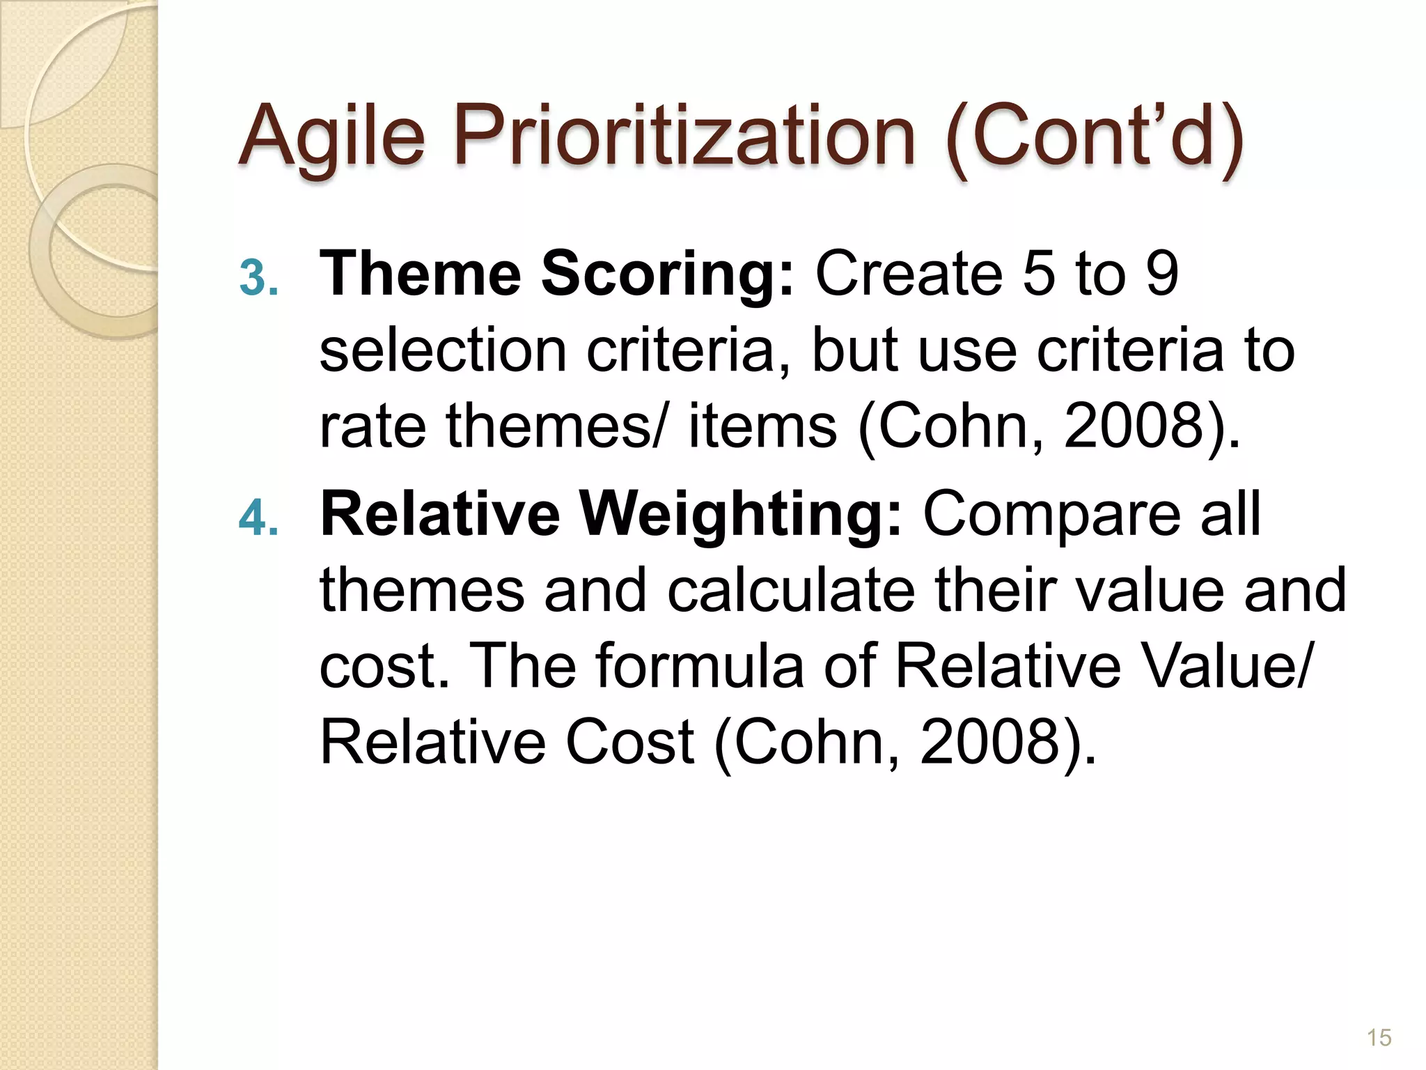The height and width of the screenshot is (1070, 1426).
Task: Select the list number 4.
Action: (x=258, y=518)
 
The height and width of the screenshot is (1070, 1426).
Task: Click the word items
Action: (x=762, y=426)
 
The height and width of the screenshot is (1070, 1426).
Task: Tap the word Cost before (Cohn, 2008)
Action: (x=629, y=743)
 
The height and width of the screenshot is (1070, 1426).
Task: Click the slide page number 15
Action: (x=1379, y=1037)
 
